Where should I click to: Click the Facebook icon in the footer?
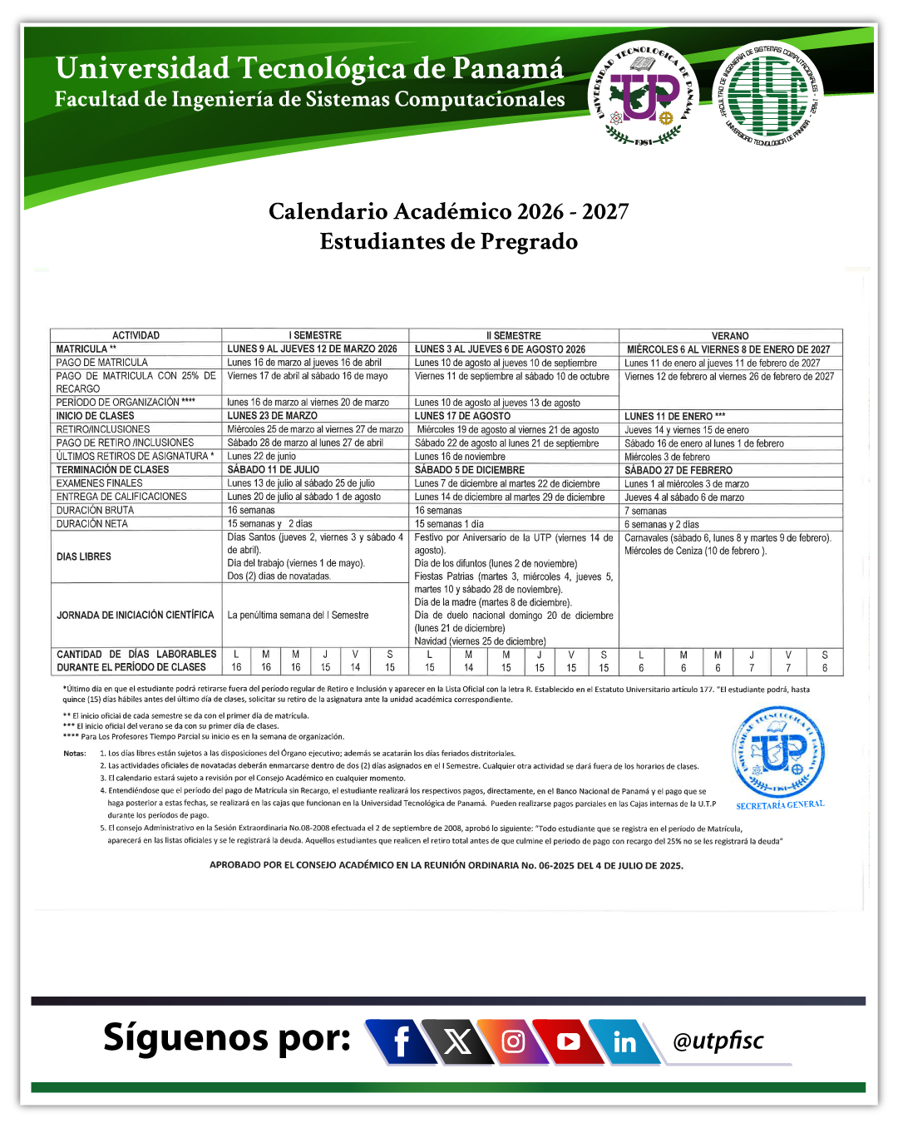[x=402, y=1041]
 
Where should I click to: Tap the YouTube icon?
[x=569, y=1041]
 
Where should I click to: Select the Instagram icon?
[x=513, y=1041]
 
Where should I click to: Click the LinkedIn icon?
[x=624, y=1041]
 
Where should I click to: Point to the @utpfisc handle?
[x=718, y=1041]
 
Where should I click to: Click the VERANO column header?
[x=730, y=336]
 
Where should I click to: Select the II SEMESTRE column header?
[x=514, y=336]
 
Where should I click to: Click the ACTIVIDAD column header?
[x=136, y=336]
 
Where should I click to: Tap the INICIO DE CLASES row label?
[x=96, y=416]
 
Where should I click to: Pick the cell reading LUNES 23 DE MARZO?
[x=273, y=416]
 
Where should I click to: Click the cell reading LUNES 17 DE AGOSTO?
[x=463, y=416]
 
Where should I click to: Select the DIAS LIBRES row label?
[x=84, y=557]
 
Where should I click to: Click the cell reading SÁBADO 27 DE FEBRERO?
[x=678, y=470]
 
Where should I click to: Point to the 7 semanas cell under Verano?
[x=646, y=511]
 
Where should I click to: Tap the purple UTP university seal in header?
[x=644, y=93]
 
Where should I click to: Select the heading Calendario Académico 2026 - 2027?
[x=449, y=211]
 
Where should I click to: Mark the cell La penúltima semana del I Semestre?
[x=299, y=616]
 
